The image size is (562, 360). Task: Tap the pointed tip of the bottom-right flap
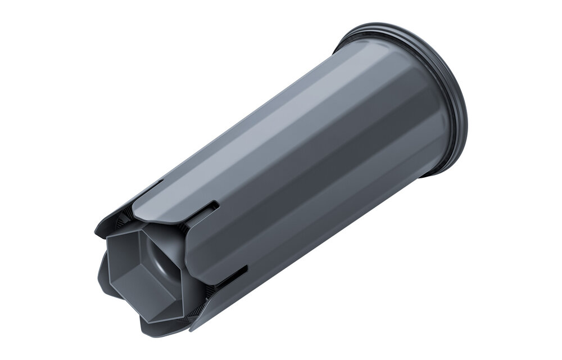[x=191, y=328]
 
